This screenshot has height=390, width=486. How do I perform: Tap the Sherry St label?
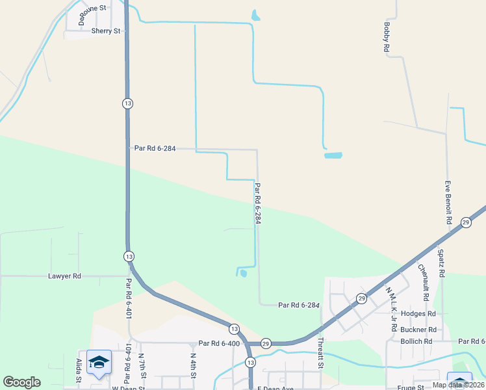tap(106, 31)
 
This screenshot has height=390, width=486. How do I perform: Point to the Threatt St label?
tap(320, 352)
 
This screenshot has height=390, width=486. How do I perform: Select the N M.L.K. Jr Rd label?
tap(392, 309)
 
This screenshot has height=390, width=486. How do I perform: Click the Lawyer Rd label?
tap(64, 276)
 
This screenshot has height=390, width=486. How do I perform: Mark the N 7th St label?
tap(142, 366)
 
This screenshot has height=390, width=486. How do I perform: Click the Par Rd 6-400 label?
tap(220, 343)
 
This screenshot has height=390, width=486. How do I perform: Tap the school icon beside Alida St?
tap(99, 362)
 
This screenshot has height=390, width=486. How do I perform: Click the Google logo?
tap(21, 382)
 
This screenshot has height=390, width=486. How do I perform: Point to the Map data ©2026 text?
tap(457, 385)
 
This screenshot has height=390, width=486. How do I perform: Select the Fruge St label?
tap(411, 388)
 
